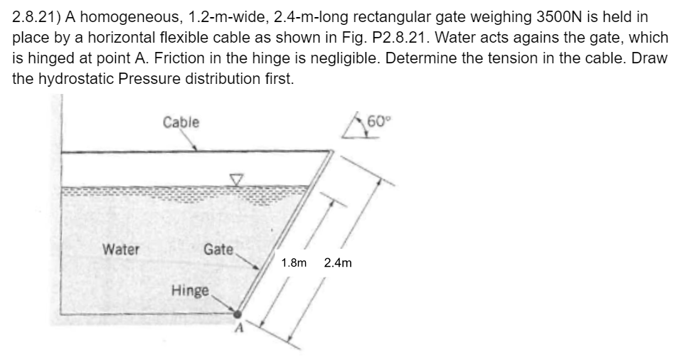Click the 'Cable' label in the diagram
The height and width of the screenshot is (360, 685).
(x=181, y=122)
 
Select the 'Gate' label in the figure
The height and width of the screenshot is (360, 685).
(x=218, y=249)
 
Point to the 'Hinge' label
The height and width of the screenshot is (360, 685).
(x=191, y=291)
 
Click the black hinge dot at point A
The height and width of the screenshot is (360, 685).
(x=238, y=314)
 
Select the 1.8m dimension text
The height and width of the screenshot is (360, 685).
(x=294, y=263)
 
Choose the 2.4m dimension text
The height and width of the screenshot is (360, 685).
(x=337, y=263)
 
